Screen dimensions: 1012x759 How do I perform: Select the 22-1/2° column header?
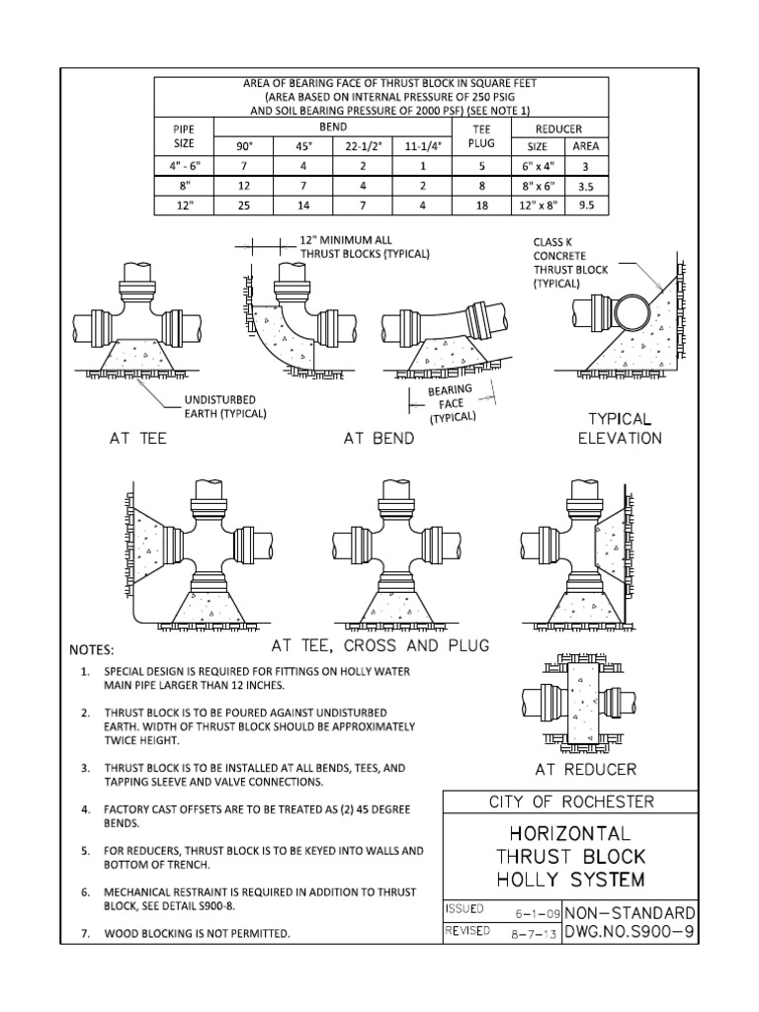363,146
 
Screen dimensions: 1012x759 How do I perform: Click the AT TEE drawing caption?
137,439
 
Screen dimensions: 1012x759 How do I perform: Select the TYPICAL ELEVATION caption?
620,428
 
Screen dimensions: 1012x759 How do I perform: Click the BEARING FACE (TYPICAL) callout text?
451,404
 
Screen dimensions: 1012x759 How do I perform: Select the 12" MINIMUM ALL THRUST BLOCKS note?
365,247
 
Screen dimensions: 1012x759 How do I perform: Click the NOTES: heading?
91,650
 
